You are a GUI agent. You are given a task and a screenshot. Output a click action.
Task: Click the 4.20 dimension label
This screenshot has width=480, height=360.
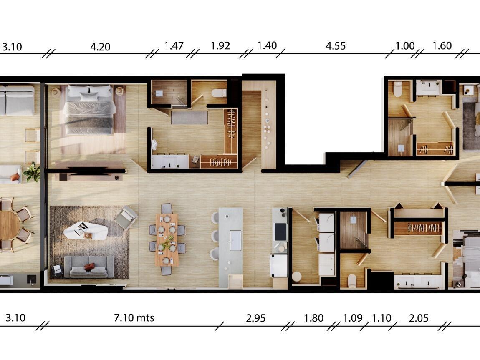tap(100, 47)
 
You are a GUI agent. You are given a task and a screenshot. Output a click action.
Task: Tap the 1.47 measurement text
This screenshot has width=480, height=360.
tap(174, 46)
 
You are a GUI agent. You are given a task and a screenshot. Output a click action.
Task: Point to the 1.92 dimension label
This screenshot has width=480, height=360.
tap(220, 45)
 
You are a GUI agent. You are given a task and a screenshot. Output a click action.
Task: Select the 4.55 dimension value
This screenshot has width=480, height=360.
tap(336, 46)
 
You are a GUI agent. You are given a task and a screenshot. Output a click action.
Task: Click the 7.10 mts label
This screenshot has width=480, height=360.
tap(134, 318)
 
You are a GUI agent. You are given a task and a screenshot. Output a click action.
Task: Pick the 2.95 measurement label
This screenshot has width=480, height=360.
tap(255, 318)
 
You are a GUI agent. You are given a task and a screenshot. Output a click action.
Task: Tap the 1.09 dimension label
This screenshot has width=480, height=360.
tap(353, 318)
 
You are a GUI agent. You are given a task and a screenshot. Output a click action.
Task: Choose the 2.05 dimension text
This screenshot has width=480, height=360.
tap(419, 318)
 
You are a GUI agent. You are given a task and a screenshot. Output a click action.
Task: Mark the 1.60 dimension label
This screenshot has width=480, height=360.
tap(442, 46)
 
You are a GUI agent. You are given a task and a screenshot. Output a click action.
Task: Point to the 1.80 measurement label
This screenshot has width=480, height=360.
tap(313, 318)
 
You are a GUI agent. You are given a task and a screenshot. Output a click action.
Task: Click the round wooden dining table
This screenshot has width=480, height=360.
tap(9, 225)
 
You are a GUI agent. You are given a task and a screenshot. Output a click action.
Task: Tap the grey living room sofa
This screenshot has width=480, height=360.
tap(89, 267)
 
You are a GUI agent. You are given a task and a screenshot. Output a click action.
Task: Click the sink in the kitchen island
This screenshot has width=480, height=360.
tap(235, 240)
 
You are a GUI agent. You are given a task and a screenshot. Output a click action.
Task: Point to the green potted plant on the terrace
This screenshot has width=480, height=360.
tap(32, 172)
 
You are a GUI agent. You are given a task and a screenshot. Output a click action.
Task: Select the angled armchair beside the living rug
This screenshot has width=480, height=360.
tap(126, 217)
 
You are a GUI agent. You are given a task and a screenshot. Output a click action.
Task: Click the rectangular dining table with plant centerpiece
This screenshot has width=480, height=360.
tap(167, 239)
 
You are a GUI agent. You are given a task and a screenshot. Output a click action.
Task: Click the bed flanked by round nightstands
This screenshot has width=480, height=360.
tap(89, 109)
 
